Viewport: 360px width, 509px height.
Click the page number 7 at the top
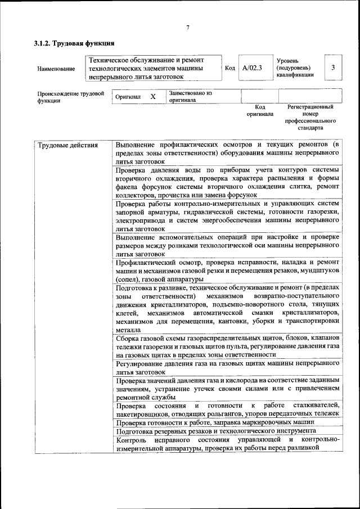coord(188,28)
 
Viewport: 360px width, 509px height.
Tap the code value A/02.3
coord(252,68)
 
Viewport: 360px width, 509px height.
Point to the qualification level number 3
coord(333,67)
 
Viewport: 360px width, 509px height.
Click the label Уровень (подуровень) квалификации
coord(295,67)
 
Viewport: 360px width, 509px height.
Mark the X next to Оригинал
coord(153,97)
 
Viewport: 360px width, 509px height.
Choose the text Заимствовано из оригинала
coord(190,96)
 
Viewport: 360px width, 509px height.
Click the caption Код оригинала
coord(260,110)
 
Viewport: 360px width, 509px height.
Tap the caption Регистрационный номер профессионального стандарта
coord(310,117)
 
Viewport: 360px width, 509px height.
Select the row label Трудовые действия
coord(67,146)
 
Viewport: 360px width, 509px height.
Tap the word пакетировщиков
coord(142,414)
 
